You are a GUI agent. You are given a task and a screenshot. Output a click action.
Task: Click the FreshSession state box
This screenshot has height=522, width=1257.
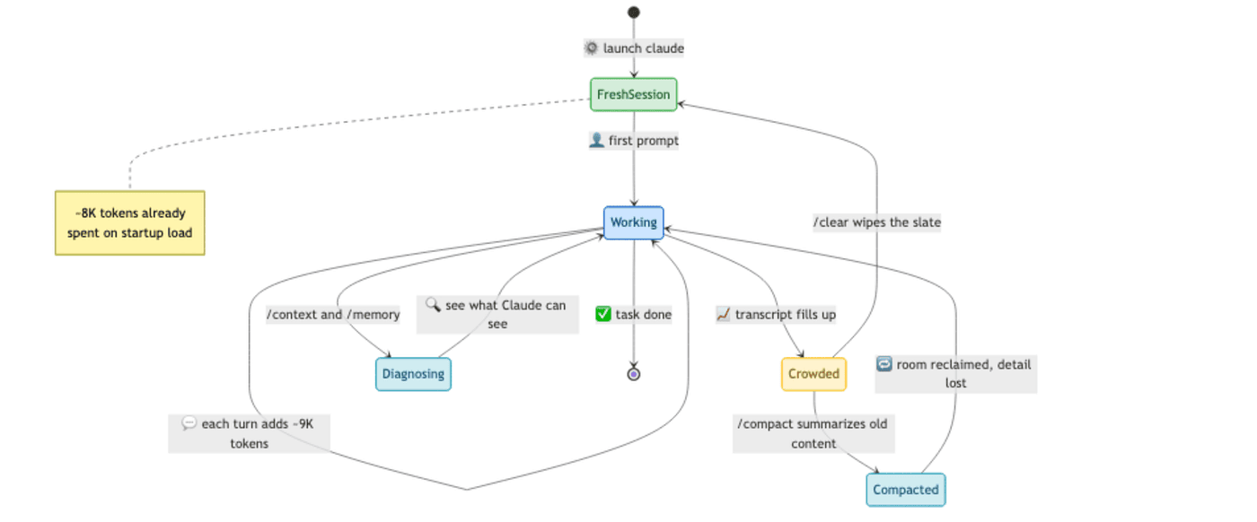[x=634, y=95]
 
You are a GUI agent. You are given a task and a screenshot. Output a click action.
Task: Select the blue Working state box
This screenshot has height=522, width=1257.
[x=634, y=222]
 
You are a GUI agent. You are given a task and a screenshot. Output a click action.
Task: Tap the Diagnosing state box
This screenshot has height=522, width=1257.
[x=413, y=374]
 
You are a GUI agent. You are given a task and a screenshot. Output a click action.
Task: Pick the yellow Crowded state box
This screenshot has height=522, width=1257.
[x=813, y=374]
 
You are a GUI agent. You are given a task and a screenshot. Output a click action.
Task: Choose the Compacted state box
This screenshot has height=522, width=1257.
[x=906, y=490]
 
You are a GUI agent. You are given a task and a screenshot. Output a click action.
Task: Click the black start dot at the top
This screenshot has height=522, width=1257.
[x=634, y=13]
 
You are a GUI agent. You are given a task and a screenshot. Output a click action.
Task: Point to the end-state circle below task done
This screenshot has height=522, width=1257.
[x=634, y=374]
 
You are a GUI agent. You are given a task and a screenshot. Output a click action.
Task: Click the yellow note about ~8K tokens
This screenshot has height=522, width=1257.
[x=129, y=223]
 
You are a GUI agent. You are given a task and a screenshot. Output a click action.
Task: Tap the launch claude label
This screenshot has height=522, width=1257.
[x=634, y=48]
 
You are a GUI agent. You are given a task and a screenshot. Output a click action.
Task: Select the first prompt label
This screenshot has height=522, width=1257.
[x=634, y=140]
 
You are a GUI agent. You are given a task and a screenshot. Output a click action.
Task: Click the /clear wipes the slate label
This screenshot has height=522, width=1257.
[x=877, y=222]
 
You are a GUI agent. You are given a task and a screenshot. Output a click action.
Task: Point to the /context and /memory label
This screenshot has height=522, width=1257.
[x=333, y=315]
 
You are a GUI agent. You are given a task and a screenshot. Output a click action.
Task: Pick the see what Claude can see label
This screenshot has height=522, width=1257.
[x=497, y=315]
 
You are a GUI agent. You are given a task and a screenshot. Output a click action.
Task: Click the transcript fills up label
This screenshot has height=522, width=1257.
[x=776, y=315]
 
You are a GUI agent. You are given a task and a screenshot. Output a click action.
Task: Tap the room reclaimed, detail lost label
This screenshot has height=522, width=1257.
[x=955, y=374]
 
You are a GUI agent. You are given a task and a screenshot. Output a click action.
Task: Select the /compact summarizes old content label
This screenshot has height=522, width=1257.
[x=813, y=433]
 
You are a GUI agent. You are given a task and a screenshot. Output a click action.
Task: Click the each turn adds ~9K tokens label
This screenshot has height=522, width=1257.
[x=250, y=433]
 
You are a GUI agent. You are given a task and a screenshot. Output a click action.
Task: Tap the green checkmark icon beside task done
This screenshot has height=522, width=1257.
[x=603, y=314]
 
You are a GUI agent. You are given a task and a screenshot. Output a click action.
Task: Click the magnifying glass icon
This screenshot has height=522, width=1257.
[x=433, y=304]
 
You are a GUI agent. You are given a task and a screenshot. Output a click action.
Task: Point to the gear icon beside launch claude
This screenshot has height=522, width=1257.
[x=592, y=48]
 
